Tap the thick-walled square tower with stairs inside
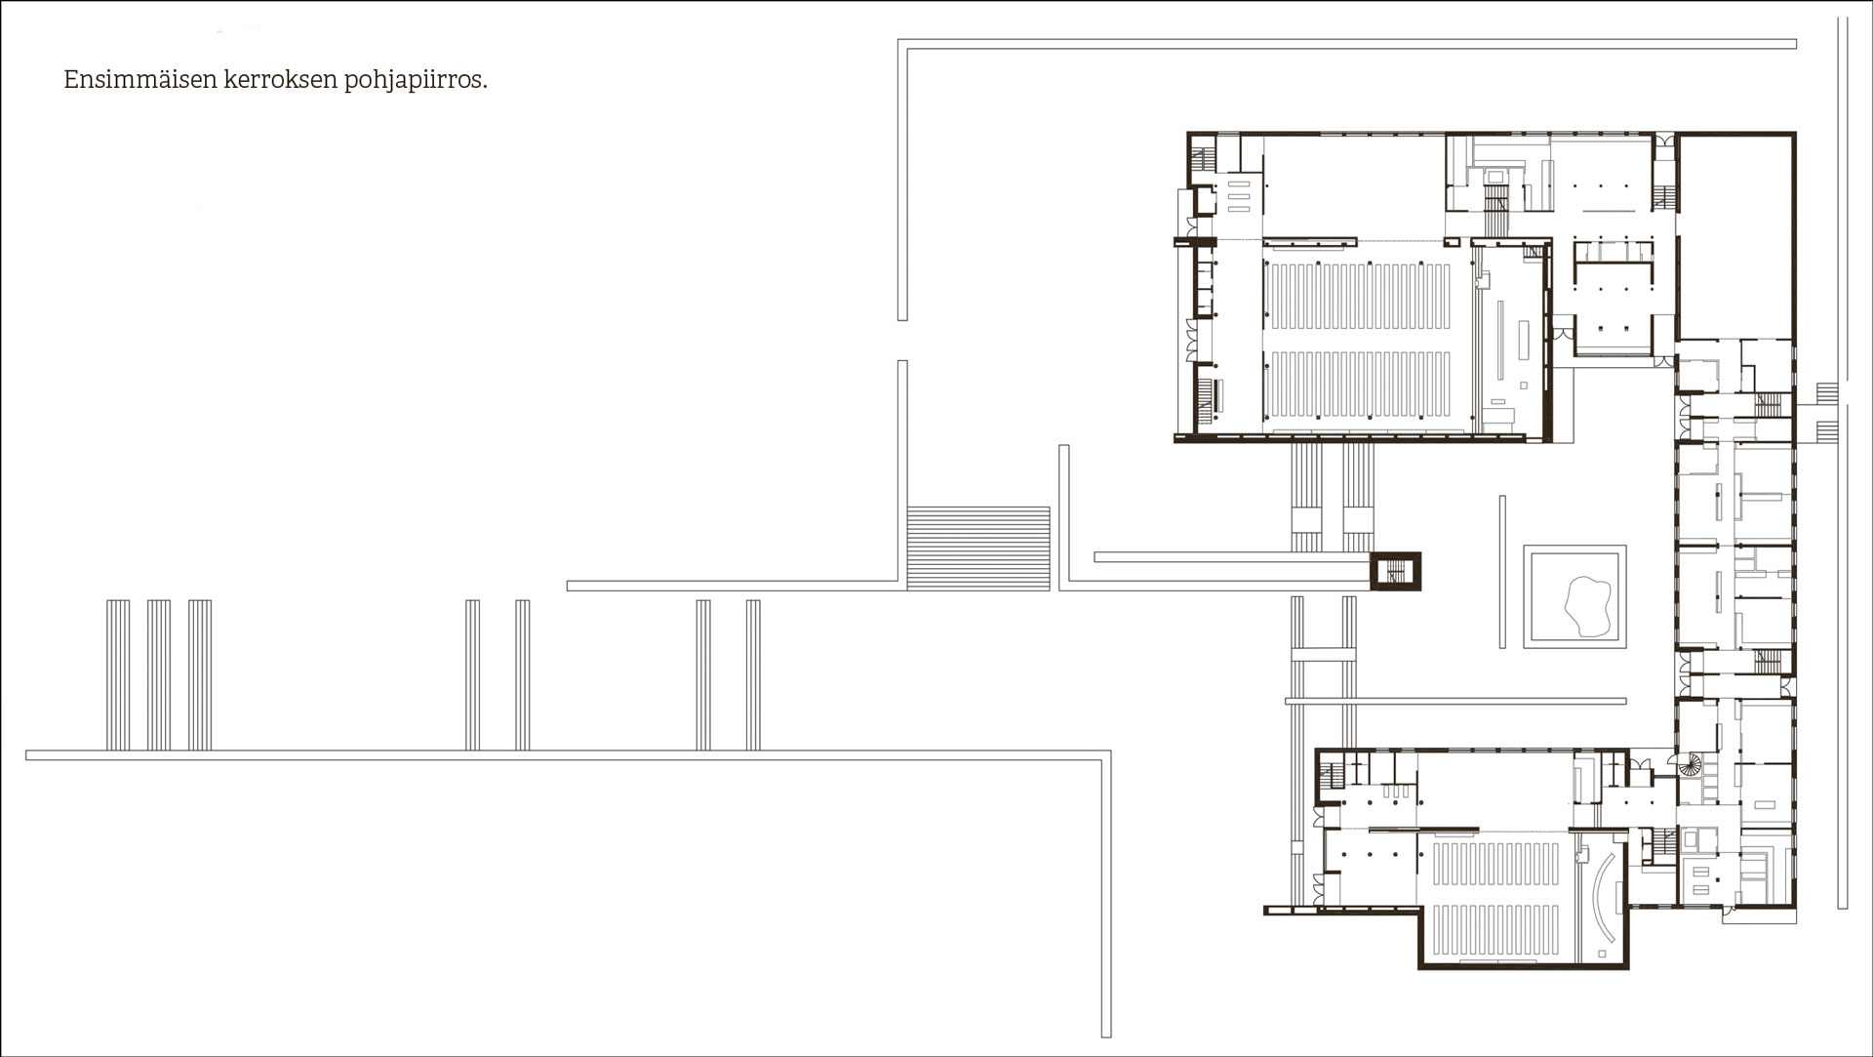[1395, 571]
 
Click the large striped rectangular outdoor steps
[978, 548]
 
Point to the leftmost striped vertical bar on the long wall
[117, 674]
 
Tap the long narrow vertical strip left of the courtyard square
[1503, 571]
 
